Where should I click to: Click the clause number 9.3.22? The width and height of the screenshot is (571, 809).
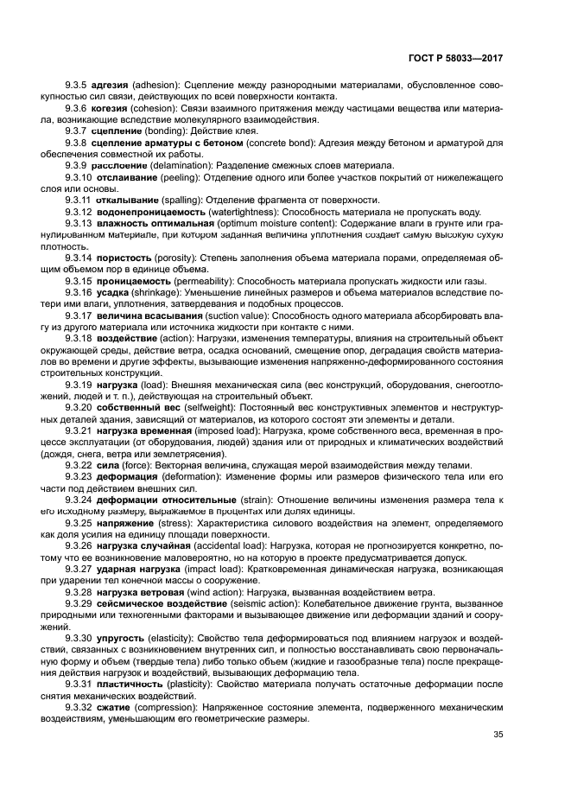79,463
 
